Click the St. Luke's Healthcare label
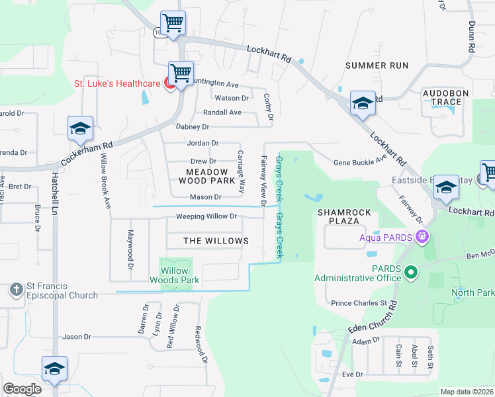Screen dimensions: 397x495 click(x=116, y=83)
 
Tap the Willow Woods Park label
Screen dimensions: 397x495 click(x=179, y=275)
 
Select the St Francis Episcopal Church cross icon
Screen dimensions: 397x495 click(x=17, y=289)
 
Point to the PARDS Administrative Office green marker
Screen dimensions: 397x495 click(x=410, y=271)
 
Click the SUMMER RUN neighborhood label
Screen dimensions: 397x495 click(x=377, y=66)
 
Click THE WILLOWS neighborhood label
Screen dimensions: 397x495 click(x=216, y=241)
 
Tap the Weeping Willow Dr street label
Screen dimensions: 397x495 click(x=206, y=216)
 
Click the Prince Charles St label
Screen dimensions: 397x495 click(x=359, y=303)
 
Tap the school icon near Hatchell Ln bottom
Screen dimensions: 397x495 click(x=54, y=369)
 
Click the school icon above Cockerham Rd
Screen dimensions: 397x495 click(x=80, y=129)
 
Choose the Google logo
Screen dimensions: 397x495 click(x=22, y=389)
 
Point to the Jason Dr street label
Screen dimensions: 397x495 click(x=77, y=337)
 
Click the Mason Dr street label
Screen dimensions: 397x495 click(x=205, y=197)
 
